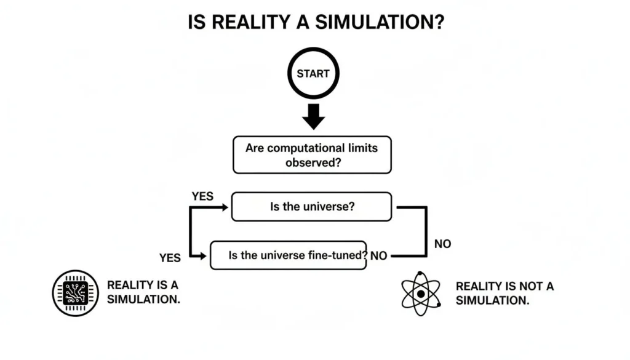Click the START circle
pyautogui.click(x=313, y=74)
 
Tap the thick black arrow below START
pyautogui.click(x=313, y=116)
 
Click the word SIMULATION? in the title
pyautogui.click(x=380, y=23)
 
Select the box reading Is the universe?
pyautogui.click(x=311, y=207)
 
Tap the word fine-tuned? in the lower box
pyautogui.click(x=337, y=255)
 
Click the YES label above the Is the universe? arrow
pyautogui.click(x=202, y=197)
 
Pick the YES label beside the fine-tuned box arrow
pyautogui.click(x=170, y=258)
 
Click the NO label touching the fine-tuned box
pyautogui.click(x=379, y=256)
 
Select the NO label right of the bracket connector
pyautogui.click(x=442, y=244)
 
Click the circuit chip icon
pyautogui.click(x=76, y=293)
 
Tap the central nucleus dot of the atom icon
pyautogui.click(x=421, y=294)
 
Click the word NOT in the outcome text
pyautogui.click(x=525, y=286)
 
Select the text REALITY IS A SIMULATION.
pyautogui.click(x=143, y=292)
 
